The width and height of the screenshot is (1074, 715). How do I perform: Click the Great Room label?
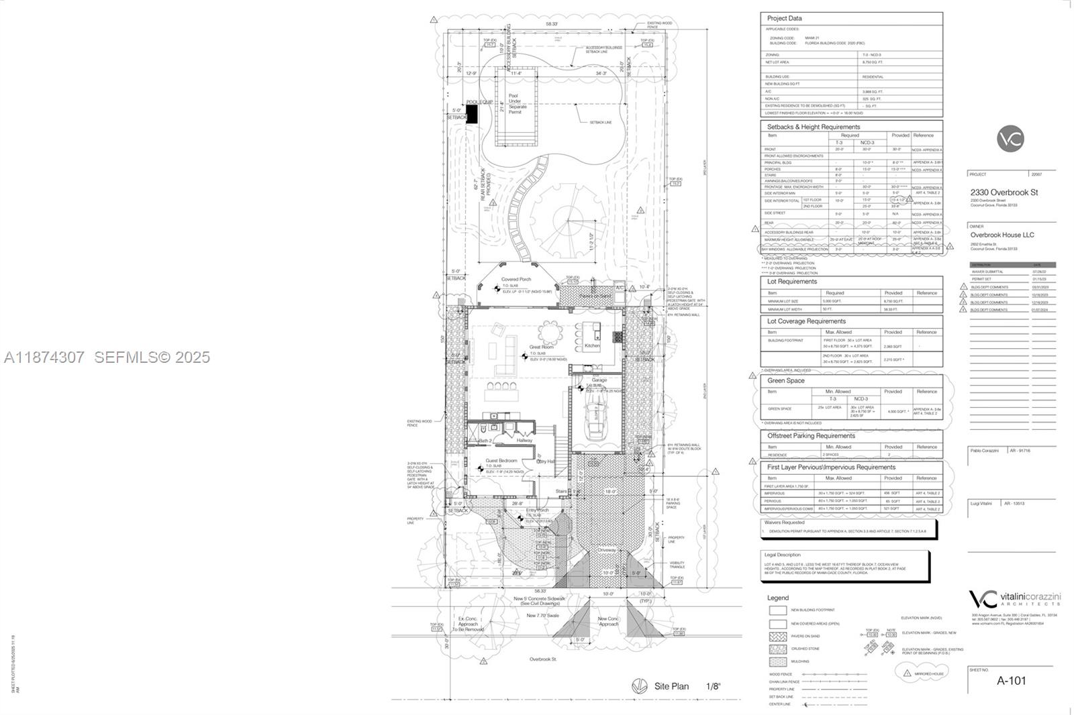(x=541, y=347)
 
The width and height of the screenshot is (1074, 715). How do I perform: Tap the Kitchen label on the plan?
(x=592, y=345)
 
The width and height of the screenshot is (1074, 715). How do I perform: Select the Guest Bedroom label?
(x=501, y=461)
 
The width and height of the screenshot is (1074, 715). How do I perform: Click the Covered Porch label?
(x=516, y=279)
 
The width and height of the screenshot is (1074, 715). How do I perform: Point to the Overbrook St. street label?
(x=544, y=659)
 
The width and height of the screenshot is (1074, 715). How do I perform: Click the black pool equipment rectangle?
(x=472, y=114)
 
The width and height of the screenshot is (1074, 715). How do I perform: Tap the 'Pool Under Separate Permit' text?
(x=518, y=104)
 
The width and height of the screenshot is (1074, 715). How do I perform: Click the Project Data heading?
(x=784, y=18)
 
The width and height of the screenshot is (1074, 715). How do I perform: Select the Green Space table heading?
(x=785, y=380)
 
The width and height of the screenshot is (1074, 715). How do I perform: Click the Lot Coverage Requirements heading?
(x=806, y=321)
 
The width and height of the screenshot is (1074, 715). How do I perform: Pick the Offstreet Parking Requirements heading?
(x=811, y=435)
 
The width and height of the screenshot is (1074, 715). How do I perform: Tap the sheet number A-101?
(x=1011, y=680)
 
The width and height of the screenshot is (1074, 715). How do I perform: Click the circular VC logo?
(x=1010, y=140)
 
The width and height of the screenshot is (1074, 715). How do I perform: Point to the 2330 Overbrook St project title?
(x=1004, y=192)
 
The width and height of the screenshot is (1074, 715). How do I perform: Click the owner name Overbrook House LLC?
(x=1002, y=235)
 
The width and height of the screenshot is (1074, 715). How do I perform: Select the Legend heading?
(x=778, y=598)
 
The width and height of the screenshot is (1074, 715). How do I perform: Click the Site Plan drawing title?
(x=671, y=686)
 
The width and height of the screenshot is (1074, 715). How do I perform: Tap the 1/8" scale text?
(x=713, y=686)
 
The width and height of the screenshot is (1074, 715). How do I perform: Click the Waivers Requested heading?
(x=783, y=522)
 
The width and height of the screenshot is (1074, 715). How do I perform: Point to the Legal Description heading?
(x=782, y=555)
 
